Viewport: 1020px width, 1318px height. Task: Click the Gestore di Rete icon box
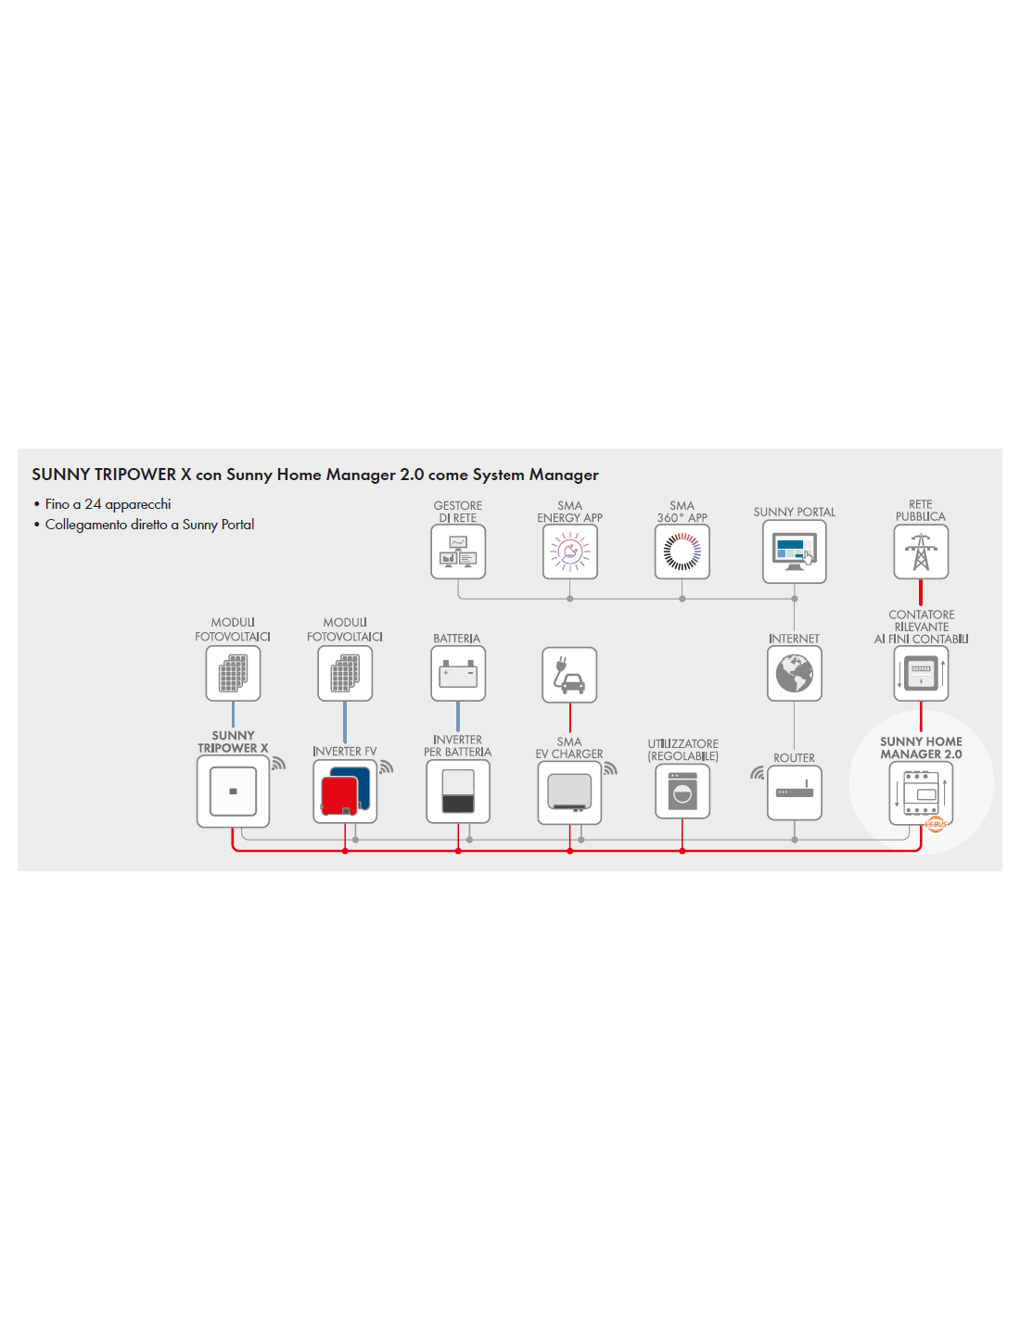coord(457,551)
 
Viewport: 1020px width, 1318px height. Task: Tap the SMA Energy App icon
coord(569,551)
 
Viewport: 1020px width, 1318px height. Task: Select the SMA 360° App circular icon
coord(682,551)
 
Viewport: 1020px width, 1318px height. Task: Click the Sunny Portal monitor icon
coord(795,551)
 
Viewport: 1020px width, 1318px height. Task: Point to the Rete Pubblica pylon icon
coord(921,551)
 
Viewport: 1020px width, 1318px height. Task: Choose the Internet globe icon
coord(795,673)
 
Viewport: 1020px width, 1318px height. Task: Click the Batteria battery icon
coord(457,673)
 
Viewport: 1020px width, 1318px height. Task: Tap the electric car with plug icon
coord(569,675)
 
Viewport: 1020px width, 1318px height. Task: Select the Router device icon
coord(795,792)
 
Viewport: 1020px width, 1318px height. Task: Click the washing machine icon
coord(682,791)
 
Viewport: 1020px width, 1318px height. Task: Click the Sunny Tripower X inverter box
coord(233,791)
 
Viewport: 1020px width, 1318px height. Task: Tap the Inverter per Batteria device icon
coord(457,791)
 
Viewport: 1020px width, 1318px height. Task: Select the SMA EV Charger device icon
coord(569,792)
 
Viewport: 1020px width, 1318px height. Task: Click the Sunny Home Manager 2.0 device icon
coord(921,792)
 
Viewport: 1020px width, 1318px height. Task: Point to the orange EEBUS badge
coord(935,824)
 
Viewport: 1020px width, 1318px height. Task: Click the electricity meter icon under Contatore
coord(921,673)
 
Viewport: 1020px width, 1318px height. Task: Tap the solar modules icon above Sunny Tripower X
coord(233,673)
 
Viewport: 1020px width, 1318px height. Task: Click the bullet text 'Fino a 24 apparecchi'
coord(108,504)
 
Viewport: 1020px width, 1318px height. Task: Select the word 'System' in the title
coord(499,475)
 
